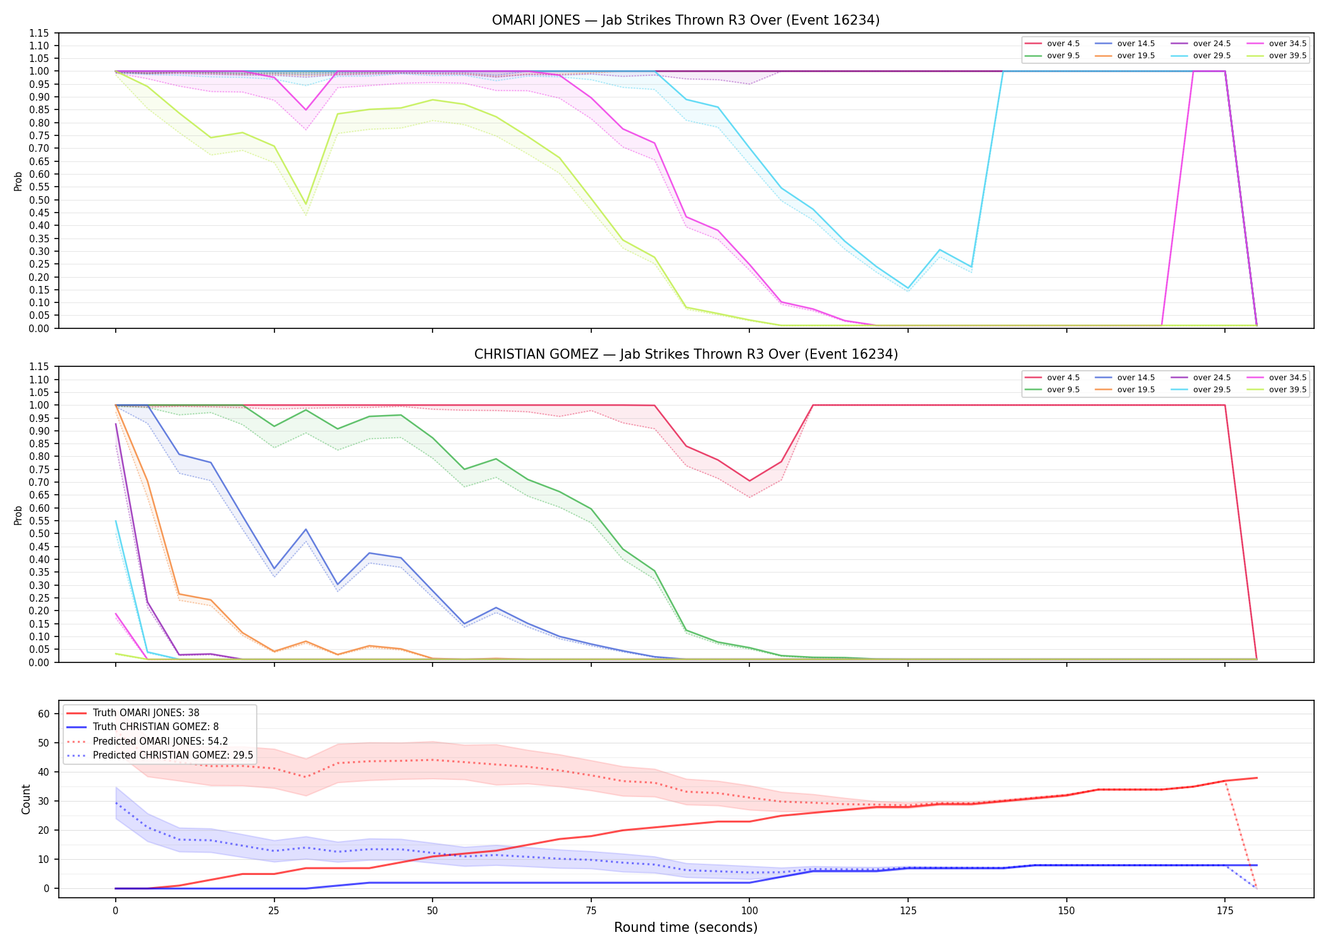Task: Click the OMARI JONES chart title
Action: coord(686,20)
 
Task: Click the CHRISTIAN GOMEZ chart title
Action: coord(686,354)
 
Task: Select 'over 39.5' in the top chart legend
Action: coord(1288,56)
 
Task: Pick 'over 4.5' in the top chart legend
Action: coord(1063,44)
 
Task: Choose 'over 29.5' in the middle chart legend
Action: coord(1212,390)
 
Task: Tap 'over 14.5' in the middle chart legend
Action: coord(1136,378)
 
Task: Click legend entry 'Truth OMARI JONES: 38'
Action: coord(146,713)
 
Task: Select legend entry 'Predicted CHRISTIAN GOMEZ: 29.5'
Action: coord(173,755)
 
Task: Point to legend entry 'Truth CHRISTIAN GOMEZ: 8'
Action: coord(156,727)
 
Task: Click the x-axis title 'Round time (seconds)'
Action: coord(686,927)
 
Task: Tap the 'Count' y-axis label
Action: coord(26,799)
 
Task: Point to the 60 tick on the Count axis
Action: coord(44,714)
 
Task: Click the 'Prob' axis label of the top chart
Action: coord(18,181)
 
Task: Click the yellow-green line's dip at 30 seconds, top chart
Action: coord(306,204)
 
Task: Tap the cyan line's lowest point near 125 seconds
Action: coord(908,288)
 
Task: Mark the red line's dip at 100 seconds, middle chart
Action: coord(749,481)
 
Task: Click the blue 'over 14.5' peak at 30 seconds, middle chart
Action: coord(306,530)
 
